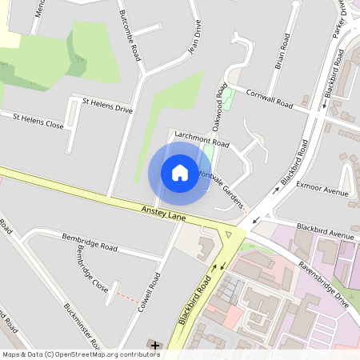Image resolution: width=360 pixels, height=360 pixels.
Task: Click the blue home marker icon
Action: pos(180,173)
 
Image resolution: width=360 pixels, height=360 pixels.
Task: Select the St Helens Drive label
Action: pos(107,104)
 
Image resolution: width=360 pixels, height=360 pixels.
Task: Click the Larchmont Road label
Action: pos(202,138)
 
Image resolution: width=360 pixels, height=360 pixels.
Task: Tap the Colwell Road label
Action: pos(149,295)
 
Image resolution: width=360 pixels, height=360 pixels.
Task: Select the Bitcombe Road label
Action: pos(130,37)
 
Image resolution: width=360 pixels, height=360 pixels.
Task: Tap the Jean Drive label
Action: pos(193,36)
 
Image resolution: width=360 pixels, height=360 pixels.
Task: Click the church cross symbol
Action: pos(154,346)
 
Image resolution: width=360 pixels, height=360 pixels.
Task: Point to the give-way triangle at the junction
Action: pos(230,234)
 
